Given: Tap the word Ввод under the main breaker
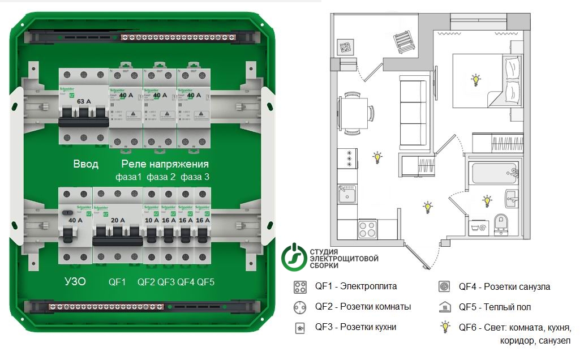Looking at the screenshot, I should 85,164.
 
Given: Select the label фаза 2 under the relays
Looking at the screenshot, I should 161,177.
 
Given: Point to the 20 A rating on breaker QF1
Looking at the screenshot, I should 117,220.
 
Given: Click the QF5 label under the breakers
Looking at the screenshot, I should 205,281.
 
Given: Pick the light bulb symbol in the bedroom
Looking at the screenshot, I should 476,80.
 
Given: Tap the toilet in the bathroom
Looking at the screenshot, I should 500,223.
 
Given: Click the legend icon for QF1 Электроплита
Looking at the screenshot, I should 300,287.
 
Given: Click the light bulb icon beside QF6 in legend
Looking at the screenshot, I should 446,327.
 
